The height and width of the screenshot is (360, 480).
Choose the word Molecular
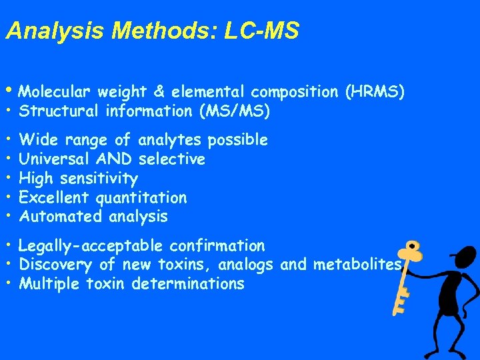point(56,92)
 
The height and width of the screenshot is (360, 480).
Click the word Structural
point(59,111)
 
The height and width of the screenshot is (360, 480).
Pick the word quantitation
point(141,197)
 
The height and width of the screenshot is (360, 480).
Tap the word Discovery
point(56,265)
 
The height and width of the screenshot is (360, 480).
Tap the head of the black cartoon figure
point(459,256)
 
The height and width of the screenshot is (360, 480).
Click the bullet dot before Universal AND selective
point(9,159)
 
